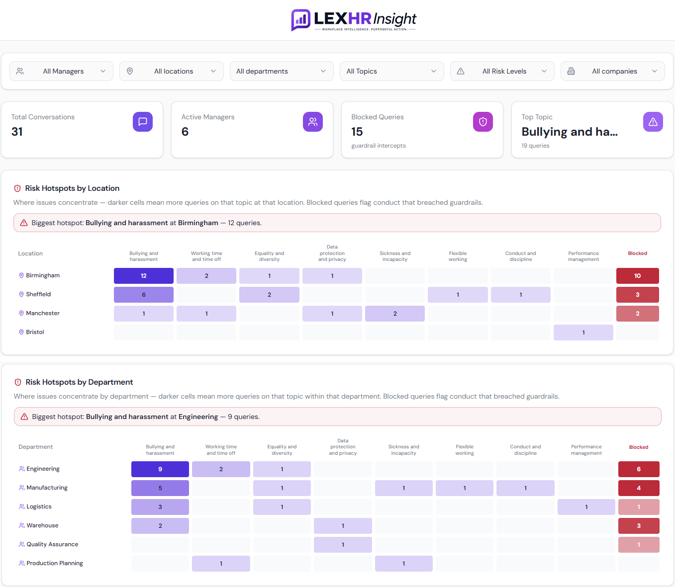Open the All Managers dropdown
[x=61, y=71]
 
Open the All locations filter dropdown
[x=171, y=71]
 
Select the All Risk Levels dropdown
[x=502, y=71]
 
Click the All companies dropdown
[x=612, y=71]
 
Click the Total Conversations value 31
[x=17, y=132]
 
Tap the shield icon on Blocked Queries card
[x=482, y=122]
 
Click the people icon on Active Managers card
[x=313, y=122]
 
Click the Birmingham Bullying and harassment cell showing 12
[x=144, y=276]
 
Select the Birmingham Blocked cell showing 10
[x=637, y=276]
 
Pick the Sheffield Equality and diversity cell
[x=269, y=295]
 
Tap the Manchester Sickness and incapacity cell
[x=395, y=314]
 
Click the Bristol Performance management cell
[x=583, y=333]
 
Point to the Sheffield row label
[x=38, y=294]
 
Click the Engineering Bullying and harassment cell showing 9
[x=160, y=469]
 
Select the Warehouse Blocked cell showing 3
[x=639, y=526]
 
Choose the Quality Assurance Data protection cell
[x=343, y=545]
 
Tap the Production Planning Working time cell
[x=221, y=564]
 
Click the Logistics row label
[x=39, y=506]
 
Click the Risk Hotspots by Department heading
[x=79, y=382]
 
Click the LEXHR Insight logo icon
[x=300, y=20]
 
